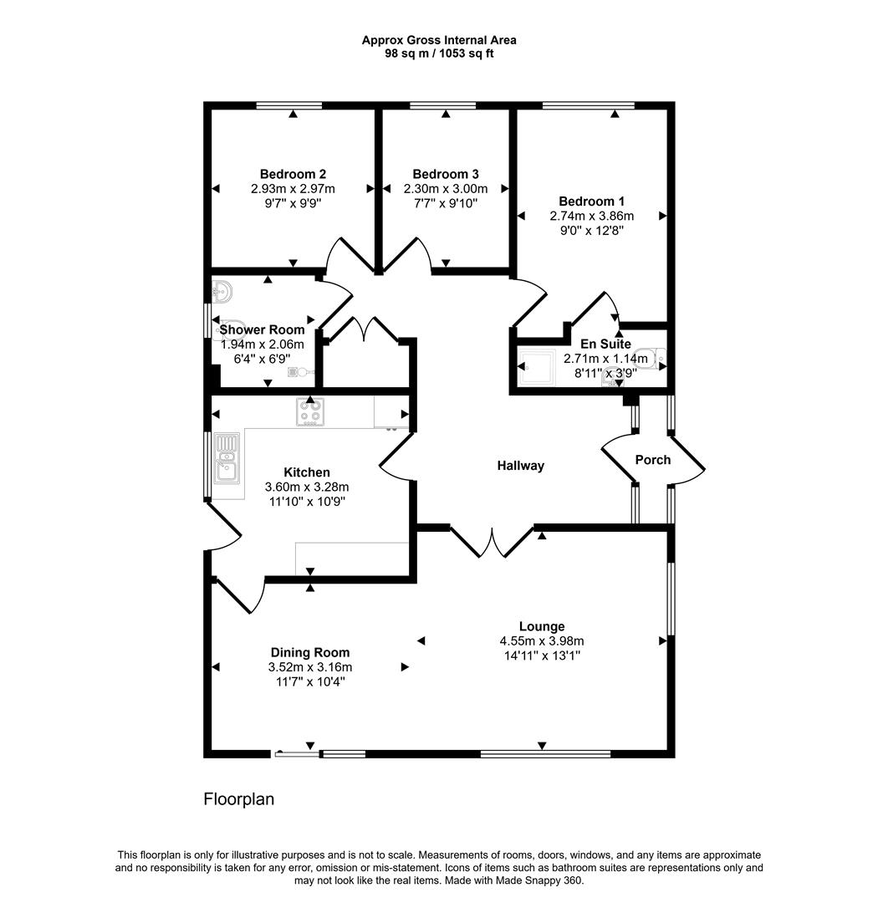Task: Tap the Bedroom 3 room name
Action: pos(445,174)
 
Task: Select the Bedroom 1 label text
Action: pos(591,201)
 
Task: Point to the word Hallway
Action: pos(520,466)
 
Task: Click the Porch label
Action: pos(652,460)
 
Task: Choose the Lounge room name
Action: pos(541,626)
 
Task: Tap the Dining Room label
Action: pos(309,652)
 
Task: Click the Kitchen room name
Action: pos(306,472)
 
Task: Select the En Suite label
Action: pos(605,344)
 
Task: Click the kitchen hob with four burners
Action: pos(309,411)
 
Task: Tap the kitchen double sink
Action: pos(226,458)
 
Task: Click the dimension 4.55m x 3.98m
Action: pos(541,641)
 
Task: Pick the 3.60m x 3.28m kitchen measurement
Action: pos(306,487)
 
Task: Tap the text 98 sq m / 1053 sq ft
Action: pos(438,54)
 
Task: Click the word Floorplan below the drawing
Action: pos(239,799)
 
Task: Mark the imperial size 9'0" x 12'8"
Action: pos(591,230)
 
